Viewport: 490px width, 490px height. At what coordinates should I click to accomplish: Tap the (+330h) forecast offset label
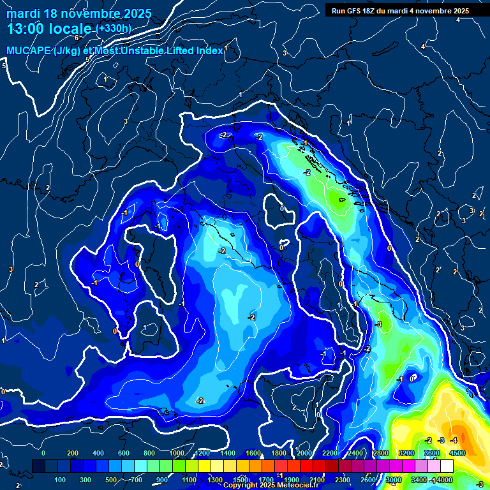pyautogui.click(x=114, y=29)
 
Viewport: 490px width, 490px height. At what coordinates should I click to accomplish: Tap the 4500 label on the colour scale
pyautogui.click(x=457, y=453)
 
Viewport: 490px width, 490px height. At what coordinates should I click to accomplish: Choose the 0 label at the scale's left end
pyautogui.click(x=43, y=453)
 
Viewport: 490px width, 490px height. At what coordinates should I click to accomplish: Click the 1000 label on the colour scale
pyautogui.click(x=177, y=453)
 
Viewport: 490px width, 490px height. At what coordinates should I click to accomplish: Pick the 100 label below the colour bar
pyautogui.click(x=60, y=480)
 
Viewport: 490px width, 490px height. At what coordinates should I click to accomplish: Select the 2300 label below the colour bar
pyautogui.click(x=343, y=480)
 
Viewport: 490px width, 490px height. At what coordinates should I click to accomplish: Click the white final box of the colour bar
pyautogui.click(x=464, y=466)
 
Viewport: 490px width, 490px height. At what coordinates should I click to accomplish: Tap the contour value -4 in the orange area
pyautogui.click(x=454, y=440)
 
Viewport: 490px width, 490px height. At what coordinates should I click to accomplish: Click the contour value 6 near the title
pyautogui.click(x=76, y=38)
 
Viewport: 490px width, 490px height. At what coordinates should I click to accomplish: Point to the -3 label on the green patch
pyautogui.click(x=378, y=324)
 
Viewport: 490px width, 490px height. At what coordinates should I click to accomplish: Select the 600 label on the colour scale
pyautogui.click(x=123, y=453)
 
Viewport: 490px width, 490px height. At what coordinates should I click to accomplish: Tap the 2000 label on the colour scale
pyautogui.click(x=304, y=453)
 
